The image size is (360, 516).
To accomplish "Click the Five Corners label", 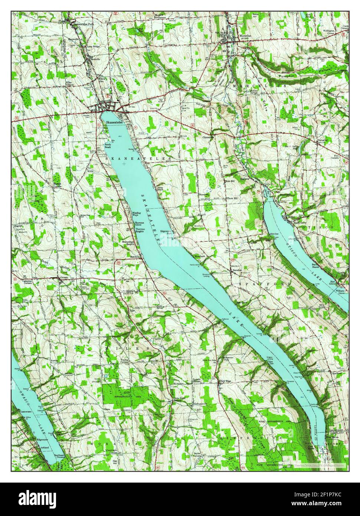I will [x=339, y=154].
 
